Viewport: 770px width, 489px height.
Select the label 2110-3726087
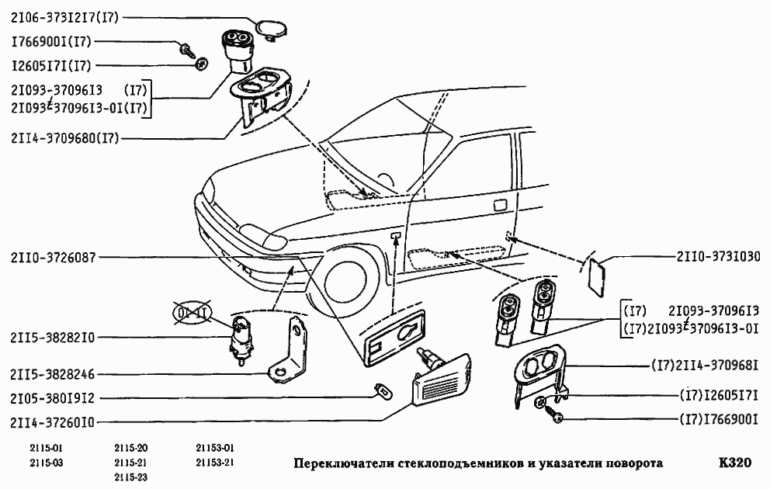(x=53, y=257)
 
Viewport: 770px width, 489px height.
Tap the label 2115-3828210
(x=53, y=338)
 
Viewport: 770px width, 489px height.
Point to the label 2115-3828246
(x=53, y=374)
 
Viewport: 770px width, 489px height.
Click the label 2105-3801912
(x=53, y=399)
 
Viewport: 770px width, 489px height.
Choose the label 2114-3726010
(x=53, y=423)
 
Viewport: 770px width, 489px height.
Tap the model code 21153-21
(x=213, y=463)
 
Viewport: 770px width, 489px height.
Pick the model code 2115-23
(x=130, y=477)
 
